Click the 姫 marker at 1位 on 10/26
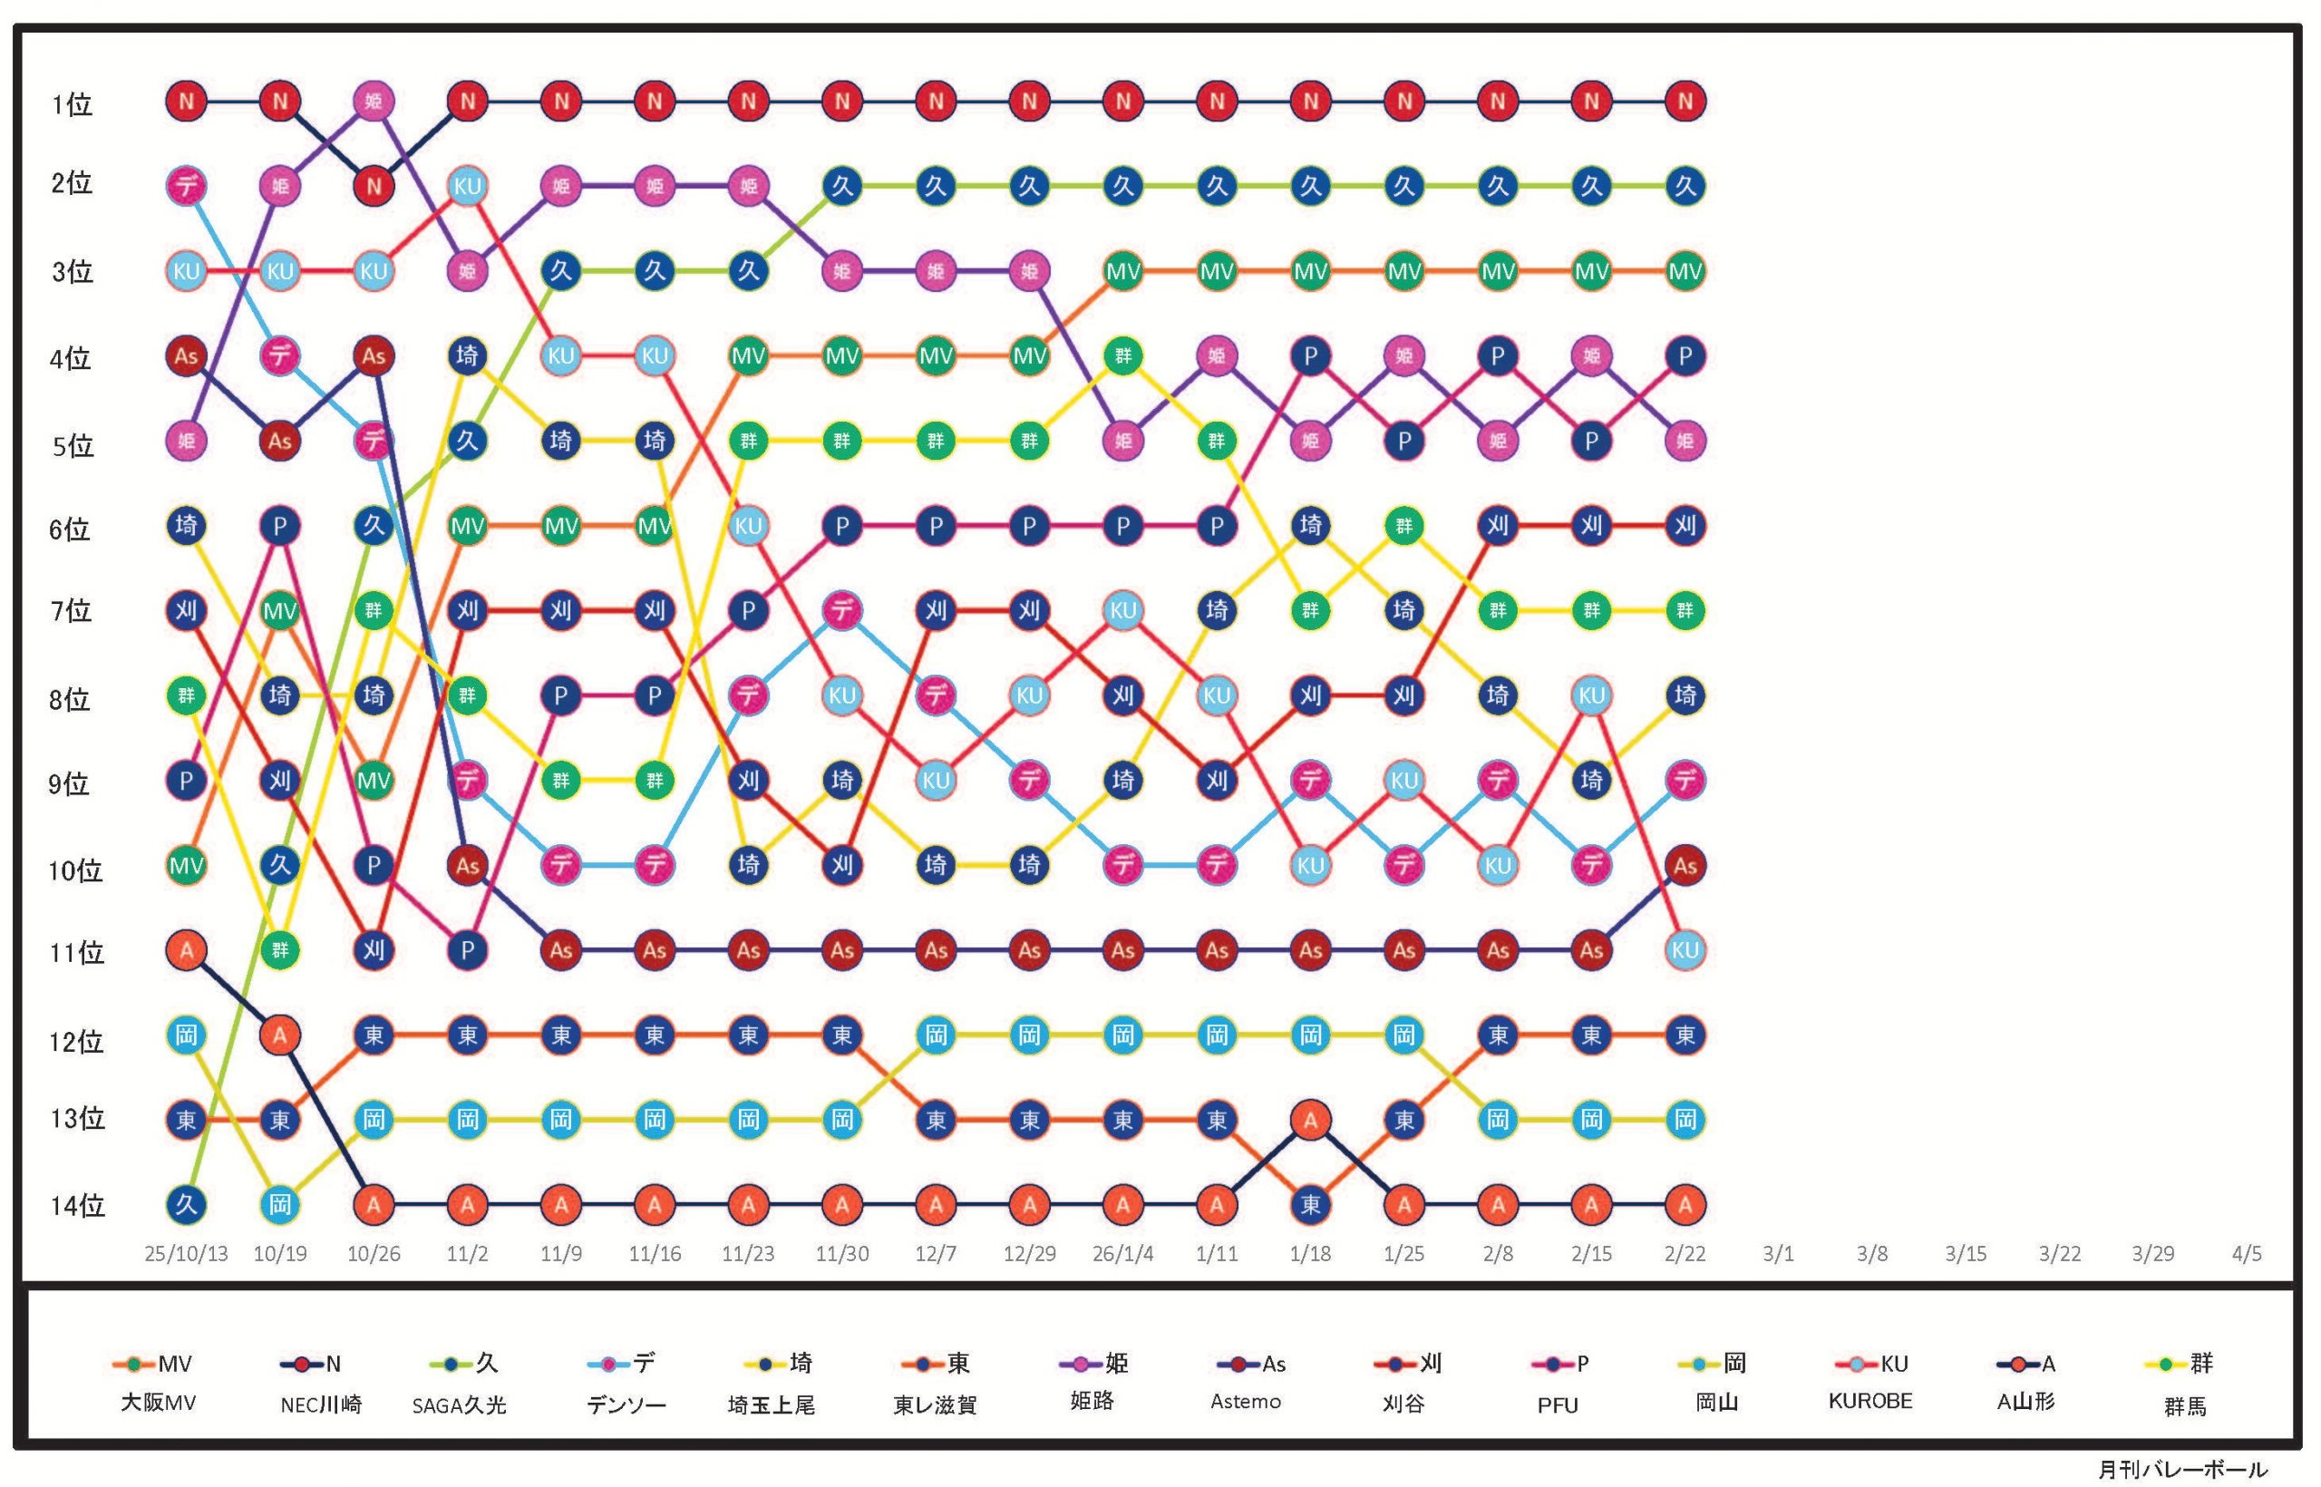(374, 101)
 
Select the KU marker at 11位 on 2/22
(1685, 950)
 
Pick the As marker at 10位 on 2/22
(1685, 865)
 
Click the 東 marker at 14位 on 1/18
(1310, 1205)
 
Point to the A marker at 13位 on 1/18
(1310, 1120)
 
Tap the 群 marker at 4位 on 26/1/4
(1122, 355)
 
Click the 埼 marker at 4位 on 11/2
(467, 355)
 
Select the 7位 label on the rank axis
(72, 611)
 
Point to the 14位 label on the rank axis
(77, 1206)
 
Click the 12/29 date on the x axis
(1029, 1254)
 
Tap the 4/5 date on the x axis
(2247, 1254)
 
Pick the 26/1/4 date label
(1122, 1254)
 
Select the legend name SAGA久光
(459, 1404)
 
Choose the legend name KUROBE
(1870, 1401)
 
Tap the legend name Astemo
(1246, 1402)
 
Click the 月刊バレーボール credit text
(2181, 1470)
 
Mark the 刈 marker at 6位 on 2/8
(1498, 526)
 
